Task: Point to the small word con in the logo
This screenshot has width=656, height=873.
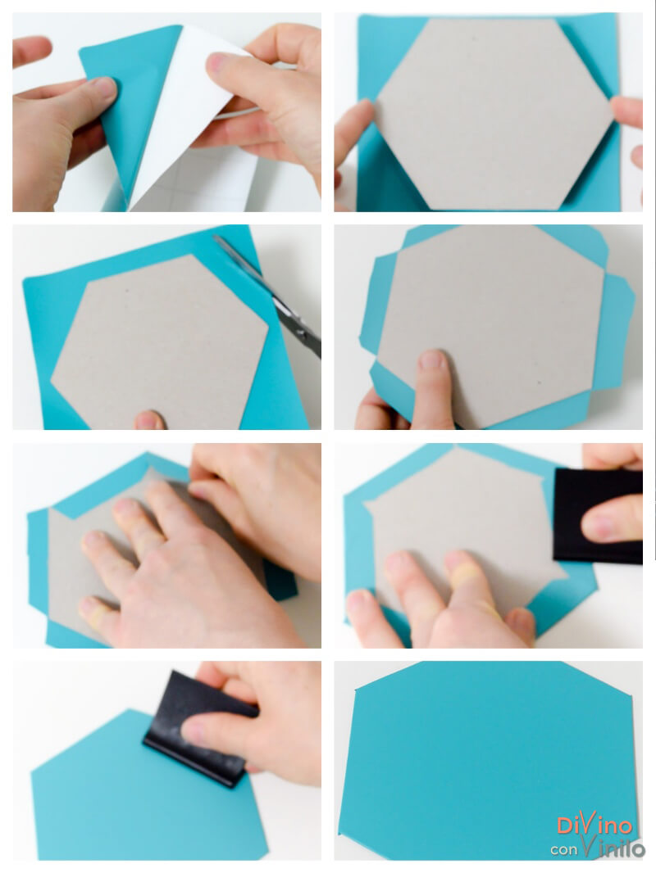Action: pyautogui.click(x=564, y=849)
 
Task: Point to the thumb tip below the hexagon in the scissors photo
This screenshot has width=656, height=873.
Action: pyautogui.click(x=148, y=420)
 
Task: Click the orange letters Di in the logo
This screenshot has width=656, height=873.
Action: pyautogui.click(x=568, y=826)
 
